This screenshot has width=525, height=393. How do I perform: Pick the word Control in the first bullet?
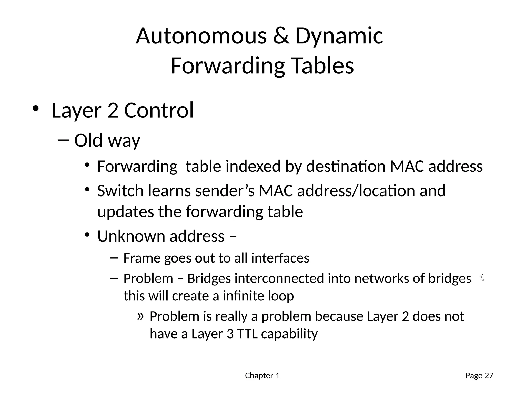pos(159,110)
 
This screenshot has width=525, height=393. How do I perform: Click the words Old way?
pos(107,140)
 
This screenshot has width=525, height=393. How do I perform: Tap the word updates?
pos(126,212)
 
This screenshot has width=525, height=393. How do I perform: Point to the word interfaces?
pos(280,258)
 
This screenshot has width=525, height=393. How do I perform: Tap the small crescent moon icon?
pos(482,277)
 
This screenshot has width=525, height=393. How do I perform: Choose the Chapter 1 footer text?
pos(262,376)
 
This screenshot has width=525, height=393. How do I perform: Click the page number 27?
pos(489,376)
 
